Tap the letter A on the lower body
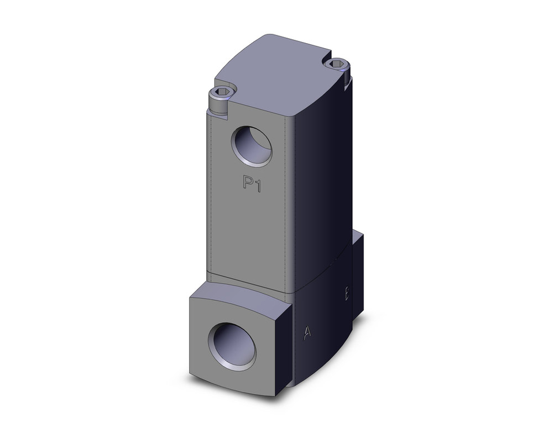tap(307, 332)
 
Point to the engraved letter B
tap(347, 294)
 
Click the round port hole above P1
tap(252, 146)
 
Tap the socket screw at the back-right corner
tap(337, 68)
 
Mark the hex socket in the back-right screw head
tap(337, 65)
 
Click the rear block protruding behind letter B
tap(357, 271)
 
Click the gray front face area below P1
tap(249, 232)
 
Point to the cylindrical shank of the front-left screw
tap(218, 105)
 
